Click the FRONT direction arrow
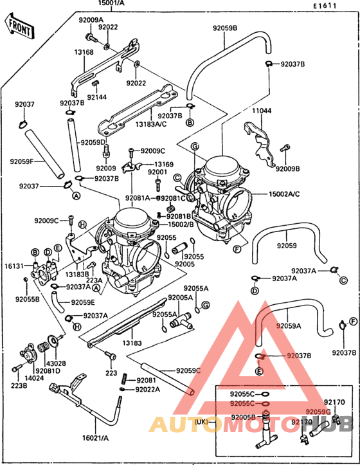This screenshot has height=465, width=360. pyautogui.click(x=19, y=26)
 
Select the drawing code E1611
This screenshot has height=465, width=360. pyautogui.click(x=325, y=6)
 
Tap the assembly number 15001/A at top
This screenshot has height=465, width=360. pyautogui.click(x=111, y=4)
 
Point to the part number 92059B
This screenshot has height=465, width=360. pyautogui.click(x=225, y=28)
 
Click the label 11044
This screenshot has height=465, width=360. pyautogui.click(x=261, y=111)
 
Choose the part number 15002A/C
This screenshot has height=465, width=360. pyautogui.click(x=285, y=193)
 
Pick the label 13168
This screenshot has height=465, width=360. pyautogui.click(x=84, y=52)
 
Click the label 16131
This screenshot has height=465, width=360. pyautogui.click(x=14, y=264)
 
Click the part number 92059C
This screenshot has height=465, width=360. pyautogui.click(x=188, y=370)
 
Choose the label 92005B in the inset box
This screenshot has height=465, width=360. pyautogui.click(x=244, y=417)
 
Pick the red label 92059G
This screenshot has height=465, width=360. pyautogui.click(x=318, y=412)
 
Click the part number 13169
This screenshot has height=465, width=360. pyautogui.click(x=163, y=165)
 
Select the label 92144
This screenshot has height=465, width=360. pyautogui.click(x=97, y=97)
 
